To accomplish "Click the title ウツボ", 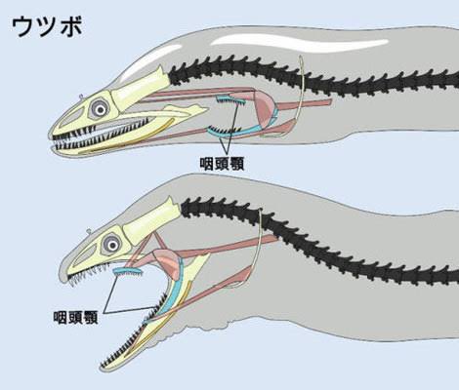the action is pos(47,26).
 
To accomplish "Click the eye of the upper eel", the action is pos(101,110).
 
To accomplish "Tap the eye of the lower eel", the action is pos(112,245).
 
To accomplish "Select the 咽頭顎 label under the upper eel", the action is pos(222,164).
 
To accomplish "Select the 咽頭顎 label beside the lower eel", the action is pos(75,317).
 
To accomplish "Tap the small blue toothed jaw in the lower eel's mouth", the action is pos(128,272).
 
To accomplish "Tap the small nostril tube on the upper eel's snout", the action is pos(81,97).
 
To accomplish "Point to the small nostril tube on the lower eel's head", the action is pos(88,232).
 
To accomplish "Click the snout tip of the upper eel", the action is pos(50,136).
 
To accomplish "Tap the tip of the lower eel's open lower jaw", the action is pos(102,368).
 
